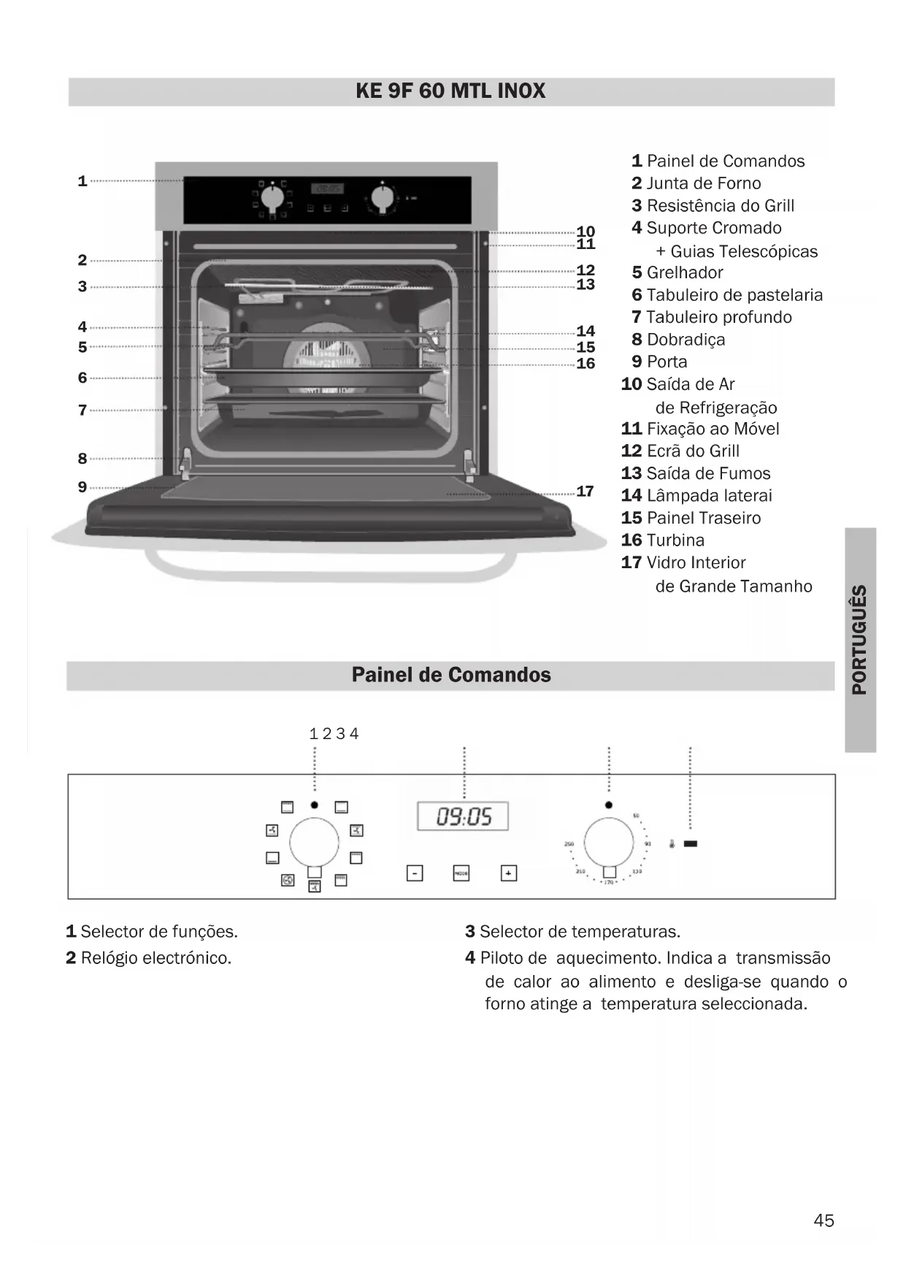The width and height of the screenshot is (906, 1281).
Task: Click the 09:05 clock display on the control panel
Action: coord(463,816)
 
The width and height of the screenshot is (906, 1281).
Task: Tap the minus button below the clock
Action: coord(414,873)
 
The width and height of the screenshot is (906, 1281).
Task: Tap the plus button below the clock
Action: coord(509,873)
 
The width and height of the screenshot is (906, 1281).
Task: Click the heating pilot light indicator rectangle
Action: coord(690,844)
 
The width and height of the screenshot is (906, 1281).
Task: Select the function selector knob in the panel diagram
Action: coord(314,841)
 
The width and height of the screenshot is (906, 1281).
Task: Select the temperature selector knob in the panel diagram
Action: coord(609,841)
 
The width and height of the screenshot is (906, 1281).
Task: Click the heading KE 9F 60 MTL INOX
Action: coord(450,91)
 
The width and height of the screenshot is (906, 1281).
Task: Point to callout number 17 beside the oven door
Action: coord(586,492)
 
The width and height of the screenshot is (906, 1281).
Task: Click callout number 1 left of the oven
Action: coord(82,180)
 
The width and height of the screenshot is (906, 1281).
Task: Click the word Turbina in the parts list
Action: coord(675,540)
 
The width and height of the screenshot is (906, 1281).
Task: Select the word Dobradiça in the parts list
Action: coord(686,340)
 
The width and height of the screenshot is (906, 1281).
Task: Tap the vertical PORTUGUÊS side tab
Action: coord(860,640)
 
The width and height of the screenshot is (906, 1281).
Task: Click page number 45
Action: coord(824,1220)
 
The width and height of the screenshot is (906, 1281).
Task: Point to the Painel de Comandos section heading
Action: coord(451,675)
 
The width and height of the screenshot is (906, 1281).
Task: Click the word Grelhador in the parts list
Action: coord(685,272)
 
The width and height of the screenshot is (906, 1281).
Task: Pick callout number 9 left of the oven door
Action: coord(82,486)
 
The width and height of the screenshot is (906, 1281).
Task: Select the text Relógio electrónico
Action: coord(156,957)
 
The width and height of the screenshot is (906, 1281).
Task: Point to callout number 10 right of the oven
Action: coord(586,232)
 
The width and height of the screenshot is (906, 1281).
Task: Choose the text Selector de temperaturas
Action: coord(580,932)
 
